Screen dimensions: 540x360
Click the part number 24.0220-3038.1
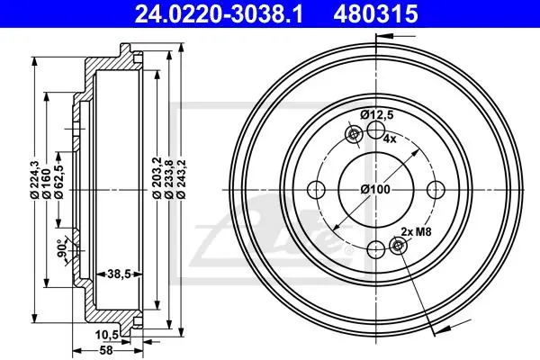[219, 13]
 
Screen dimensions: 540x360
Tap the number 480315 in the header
[375, 13]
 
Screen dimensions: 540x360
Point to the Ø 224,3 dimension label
[34, 179]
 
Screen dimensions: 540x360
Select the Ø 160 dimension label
[47, 184]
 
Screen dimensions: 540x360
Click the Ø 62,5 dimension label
[58, 182]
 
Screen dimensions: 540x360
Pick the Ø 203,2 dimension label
[157, 179]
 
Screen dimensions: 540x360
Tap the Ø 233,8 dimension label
[169, 179]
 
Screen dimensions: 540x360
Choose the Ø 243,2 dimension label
[181, 179]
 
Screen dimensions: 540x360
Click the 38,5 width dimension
[119, 274]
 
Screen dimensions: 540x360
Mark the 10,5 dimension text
[107, 334]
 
